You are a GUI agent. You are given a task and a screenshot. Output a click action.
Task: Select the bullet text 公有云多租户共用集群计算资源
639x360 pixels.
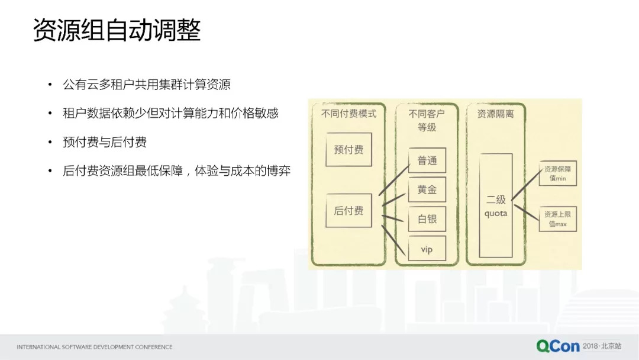click(x=147, y=85)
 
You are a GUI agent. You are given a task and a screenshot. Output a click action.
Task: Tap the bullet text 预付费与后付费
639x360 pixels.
click(x=105, y=142)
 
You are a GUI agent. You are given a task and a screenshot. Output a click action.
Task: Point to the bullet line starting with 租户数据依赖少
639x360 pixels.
click(x=170, y=113)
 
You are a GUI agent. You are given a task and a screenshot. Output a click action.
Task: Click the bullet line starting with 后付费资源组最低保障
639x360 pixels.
click(x=176, y=171)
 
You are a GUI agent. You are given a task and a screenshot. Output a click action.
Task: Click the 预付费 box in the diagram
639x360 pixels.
click(x=348, y=149)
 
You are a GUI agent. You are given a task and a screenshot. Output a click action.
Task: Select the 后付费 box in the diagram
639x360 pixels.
click(x=348, y=210)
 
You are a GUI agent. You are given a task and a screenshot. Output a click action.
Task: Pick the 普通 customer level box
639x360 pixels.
click(x=427, y=160)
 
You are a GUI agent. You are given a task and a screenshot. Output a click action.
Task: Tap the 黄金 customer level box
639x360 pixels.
click(x=427, y=189)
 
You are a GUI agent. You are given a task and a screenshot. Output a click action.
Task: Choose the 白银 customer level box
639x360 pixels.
click(x=427, y=219)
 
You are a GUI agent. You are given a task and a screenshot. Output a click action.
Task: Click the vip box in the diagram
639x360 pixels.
click(x=427, y=249)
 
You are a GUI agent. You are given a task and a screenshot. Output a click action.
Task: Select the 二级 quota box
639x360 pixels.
click(x=496, y=205)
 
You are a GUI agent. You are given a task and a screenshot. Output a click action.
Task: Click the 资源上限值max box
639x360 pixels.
click(x=557, y=219)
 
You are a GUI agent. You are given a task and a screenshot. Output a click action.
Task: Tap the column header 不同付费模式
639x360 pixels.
click(x=348, y=113)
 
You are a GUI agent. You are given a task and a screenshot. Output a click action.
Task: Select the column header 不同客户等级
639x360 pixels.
click(x=427, y=120)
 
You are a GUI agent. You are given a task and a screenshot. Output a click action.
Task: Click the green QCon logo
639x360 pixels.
click(x=558, y=346)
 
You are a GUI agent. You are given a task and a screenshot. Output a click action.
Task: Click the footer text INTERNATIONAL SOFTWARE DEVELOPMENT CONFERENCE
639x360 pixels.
click(x=95, y=346)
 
